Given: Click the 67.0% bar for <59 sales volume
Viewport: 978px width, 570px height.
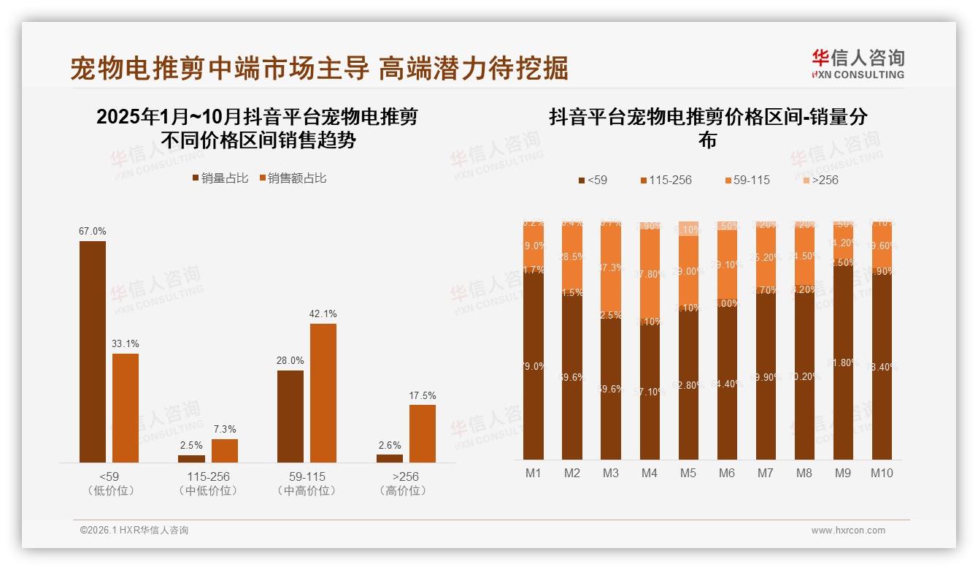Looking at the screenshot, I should pos(93,351).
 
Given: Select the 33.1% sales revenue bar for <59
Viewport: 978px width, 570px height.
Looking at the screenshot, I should pos(126,408).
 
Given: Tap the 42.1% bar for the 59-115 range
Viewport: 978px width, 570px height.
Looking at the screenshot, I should pos(323,392).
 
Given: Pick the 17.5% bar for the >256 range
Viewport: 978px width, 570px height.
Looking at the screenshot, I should pos(423,433).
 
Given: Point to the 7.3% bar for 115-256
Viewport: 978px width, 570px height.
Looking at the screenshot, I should pos(225,450).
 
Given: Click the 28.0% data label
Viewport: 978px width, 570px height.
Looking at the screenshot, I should pos(290,360).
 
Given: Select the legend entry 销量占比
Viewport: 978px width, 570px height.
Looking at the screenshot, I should pos(220,178).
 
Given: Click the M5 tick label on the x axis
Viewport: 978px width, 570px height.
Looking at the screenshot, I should pos(688,473).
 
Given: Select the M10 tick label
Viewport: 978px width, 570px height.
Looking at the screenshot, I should pos(882,473).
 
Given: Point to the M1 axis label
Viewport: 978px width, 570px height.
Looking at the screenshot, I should pos(534,473).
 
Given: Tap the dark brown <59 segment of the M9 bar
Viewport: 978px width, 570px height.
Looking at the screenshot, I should pos(843,362).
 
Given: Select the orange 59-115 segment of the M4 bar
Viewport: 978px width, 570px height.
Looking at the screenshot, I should pos(650,274).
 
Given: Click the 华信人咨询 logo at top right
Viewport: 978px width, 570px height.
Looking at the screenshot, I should pos(858,64).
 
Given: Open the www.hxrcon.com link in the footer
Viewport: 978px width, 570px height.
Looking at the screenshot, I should pos(848,531).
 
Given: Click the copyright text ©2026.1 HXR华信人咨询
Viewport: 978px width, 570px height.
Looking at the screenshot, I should pos(134,531).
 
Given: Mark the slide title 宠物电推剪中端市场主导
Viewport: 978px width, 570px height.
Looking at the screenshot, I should pos(220,68).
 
